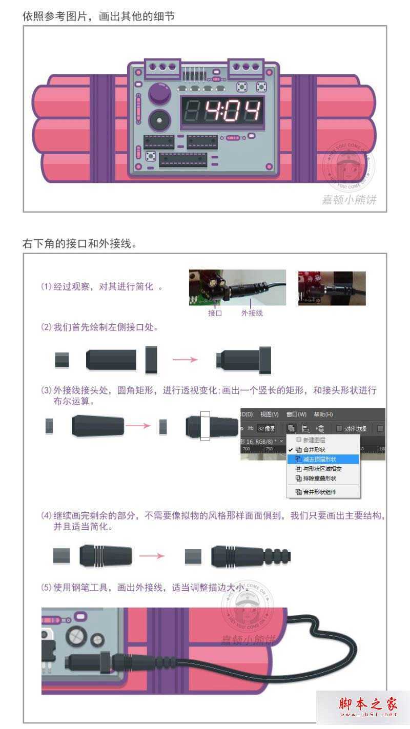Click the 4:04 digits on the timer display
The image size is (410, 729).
tap(233, 111)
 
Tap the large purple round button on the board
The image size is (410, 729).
tap(159, 94)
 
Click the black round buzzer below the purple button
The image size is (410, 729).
tap(159, 121)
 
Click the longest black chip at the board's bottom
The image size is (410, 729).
tap(183, 160)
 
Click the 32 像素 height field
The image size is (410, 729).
tap(266, 428)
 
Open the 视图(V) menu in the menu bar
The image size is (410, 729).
tap(269, 414)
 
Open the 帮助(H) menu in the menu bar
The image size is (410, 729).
tap(323, 414)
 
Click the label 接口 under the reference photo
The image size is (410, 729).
tap(215, 313)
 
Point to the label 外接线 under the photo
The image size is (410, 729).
tap(252, 313)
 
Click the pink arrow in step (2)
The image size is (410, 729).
tap(185, 360)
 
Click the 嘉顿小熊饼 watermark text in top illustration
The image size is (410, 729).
tap(349, 200)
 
